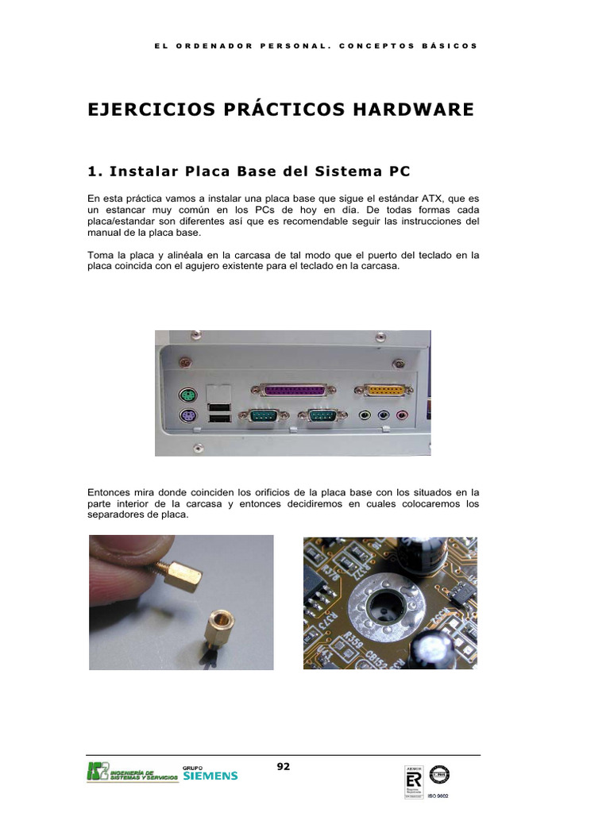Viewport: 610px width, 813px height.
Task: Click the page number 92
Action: [x=284, y=766]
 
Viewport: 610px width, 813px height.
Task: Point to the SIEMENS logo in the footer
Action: [x=210, y=775]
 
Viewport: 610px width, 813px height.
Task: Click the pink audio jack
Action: [x=403, y=414]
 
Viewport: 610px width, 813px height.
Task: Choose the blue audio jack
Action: [x=384, y=414]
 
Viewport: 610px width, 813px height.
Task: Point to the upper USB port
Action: [x=219, y=406]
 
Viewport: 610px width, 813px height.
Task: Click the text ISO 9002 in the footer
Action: [x=438, y=795]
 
